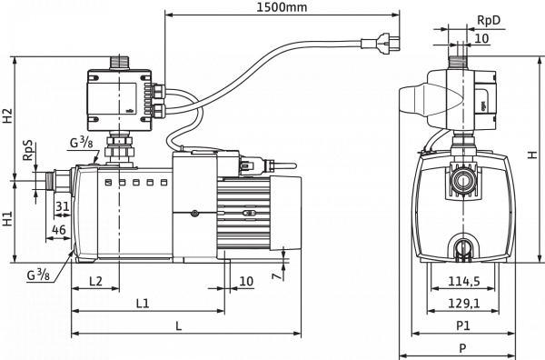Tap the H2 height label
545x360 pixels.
point(8,115)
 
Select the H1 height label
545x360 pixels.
point(8,218)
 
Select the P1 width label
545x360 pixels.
point(461,324)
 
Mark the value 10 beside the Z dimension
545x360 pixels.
point(246,281)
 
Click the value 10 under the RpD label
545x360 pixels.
point(481,40)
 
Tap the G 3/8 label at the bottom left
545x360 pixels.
point(39,273)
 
